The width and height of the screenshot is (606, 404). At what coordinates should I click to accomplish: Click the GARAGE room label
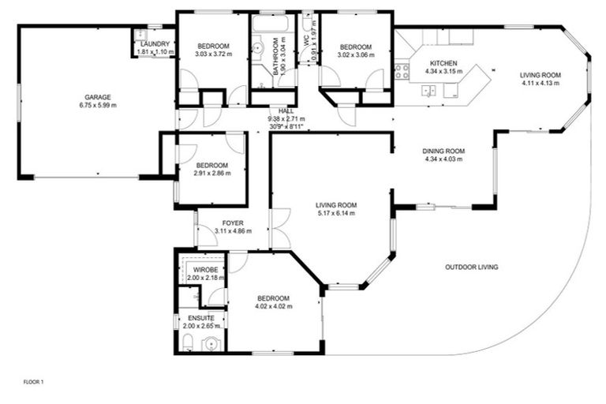pyautogui.click(x=98, y=98)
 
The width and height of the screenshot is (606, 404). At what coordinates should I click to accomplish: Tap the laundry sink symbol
pyautogui.click(x=140, y=34)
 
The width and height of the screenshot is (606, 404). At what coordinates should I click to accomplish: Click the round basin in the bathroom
pyautogui.click(x=257, y=48)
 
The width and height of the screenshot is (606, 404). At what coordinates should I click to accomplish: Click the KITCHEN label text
pyautogui.click(x=443, y=63)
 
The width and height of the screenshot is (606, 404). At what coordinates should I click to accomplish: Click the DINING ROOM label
pyautogui.click(x=444, y=151)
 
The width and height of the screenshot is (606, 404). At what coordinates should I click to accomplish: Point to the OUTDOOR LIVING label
pyautogui.click(x=471, y=267)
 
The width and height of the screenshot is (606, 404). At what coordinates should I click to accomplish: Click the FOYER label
pyautogui.click(x=233, y=223)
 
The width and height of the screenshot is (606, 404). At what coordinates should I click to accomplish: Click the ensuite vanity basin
pyautogui.click(x=211, y=343)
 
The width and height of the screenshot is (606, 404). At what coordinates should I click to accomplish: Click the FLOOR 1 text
pyautogui.click(x=34, y=383)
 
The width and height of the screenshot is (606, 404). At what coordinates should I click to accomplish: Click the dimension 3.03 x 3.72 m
pyautogui.click(x=213, y=53)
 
